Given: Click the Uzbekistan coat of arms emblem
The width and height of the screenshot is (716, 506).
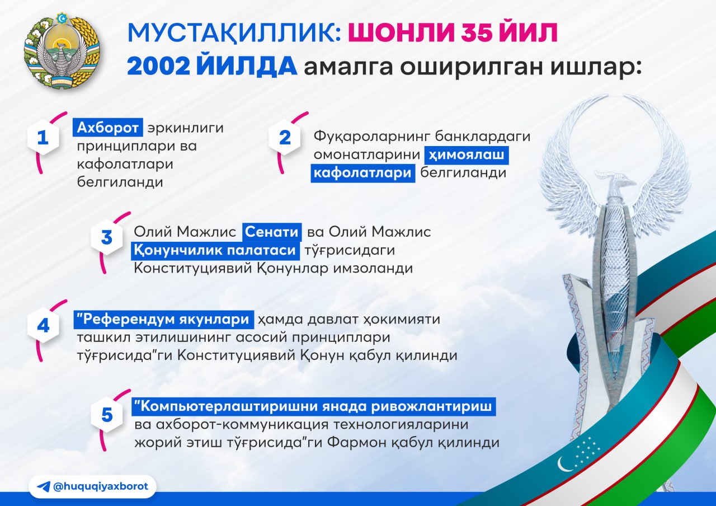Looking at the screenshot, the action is click(62, 50).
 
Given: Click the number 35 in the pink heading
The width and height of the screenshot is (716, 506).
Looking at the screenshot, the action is click(478, 32).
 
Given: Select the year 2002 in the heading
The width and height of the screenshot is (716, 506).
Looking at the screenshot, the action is click(158, 67).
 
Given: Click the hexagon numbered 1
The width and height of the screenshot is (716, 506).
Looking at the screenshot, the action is click(43, 138).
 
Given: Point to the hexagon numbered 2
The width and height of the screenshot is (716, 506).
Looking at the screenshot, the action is click(285, 138).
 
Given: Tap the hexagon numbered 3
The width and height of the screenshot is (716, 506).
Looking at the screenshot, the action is click(107, 238).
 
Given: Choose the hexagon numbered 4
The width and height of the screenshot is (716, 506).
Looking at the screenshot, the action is click(43, 326).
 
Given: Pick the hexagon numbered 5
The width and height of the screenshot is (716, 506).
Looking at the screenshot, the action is click(107, 415).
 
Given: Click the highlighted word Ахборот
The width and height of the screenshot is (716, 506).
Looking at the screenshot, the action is click(108, 128).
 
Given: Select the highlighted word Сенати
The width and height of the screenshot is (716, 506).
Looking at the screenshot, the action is click(272, 232).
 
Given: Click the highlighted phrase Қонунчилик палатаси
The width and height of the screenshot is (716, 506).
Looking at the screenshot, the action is click(215, 250).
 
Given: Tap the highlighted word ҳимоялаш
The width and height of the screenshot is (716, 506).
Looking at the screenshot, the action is click(467, 155).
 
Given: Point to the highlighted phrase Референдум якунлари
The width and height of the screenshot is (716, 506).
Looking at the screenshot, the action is click(164, 319).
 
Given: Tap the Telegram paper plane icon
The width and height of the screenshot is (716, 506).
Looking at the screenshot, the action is click(44, 486).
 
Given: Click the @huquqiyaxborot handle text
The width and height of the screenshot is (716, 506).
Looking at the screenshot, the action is click(101, 486).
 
